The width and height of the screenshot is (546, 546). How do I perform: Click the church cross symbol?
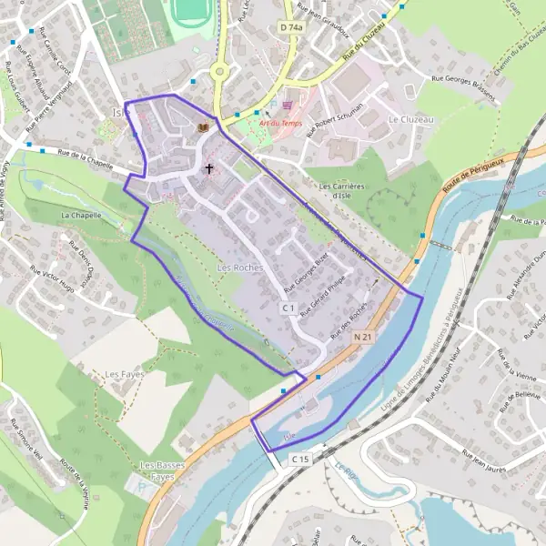click(x=209, y=168)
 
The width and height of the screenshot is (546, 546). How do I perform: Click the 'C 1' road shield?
click(x=288, y=308)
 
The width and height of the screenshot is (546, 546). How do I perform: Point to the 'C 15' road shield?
click(x=302, y=460)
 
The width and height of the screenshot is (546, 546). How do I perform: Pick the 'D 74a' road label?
click(x=291, y=28)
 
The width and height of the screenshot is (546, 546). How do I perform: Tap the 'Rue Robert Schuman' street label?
click(x=335, y=118)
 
